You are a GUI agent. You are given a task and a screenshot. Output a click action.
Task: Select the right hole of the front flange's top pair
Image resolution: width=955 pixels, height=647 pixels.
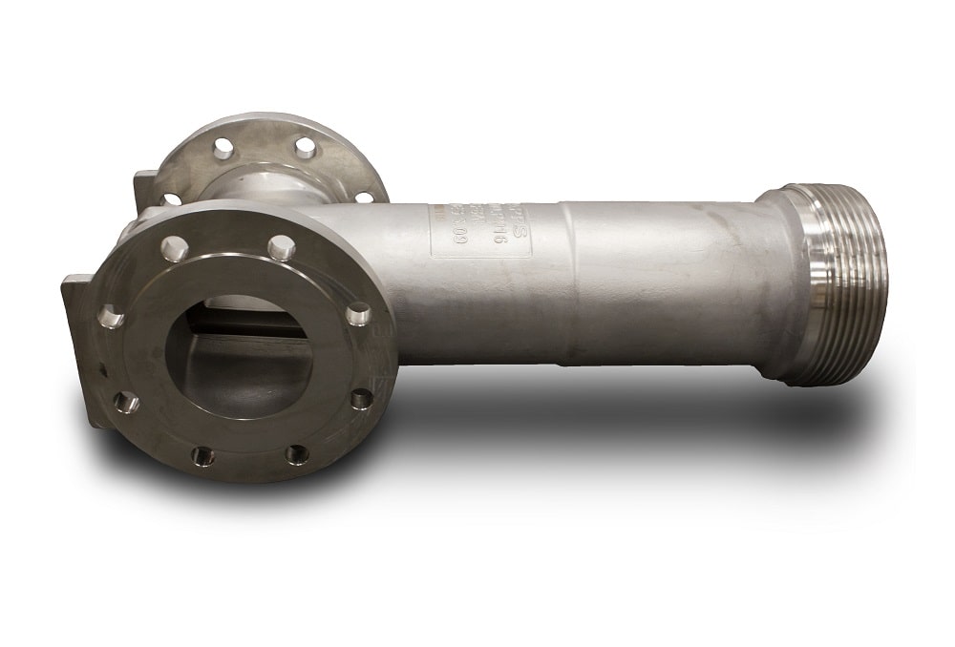click(280, 247)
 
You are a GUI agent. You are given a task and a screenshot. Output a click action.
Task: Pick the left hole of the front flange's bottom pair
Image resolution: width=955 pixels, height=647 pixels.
click(202, 454)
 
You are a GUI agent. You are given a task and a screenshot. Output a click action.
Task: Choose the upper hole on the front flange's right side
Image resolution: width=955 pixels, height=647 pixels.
click(358, 312)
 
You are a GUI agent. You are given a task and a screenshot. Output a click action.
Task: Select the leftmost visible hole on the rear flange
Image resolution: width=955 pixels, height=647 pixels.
click(171, 199)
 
